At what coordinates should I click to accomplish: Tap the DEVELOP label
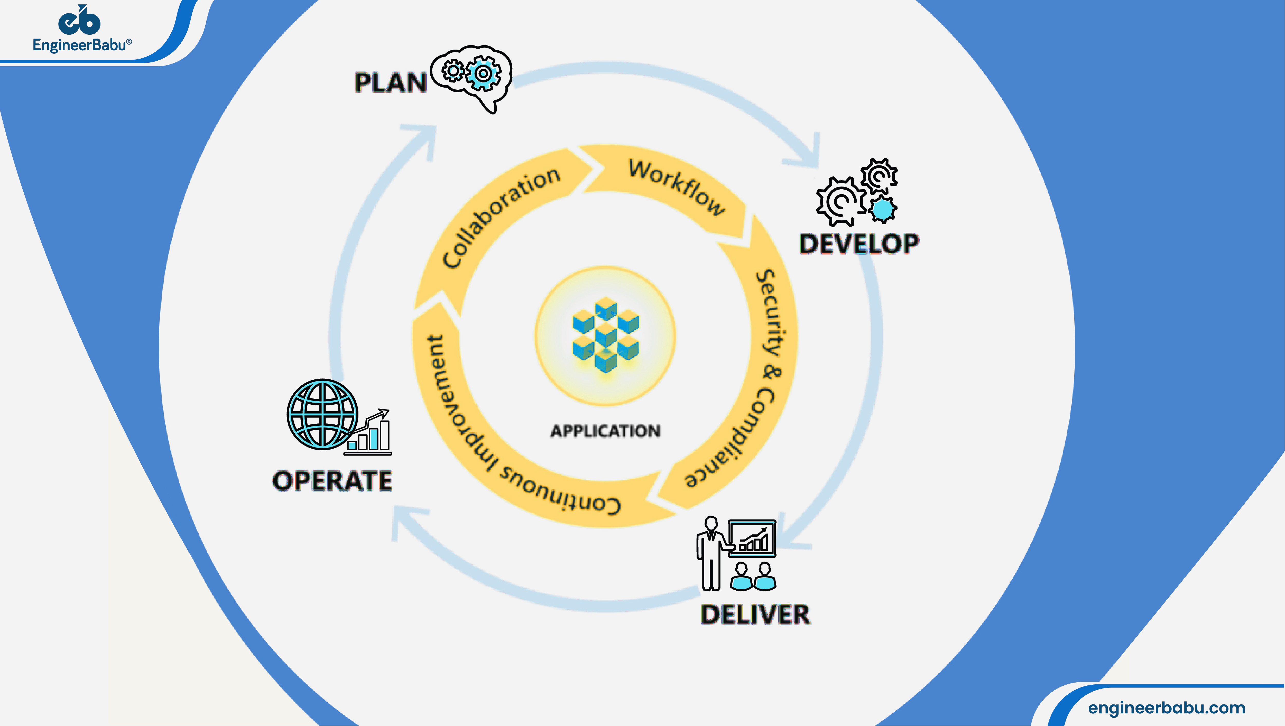point(858,244)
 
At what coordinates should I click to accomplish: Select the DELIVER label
point(755,614)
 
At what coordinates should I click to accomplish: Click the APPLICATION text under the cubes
point(605,431)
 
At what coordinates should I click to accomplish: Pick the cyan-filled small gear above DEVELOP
point(883,209)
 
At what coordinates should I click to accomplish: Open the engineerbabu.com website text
point(1166,708)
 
